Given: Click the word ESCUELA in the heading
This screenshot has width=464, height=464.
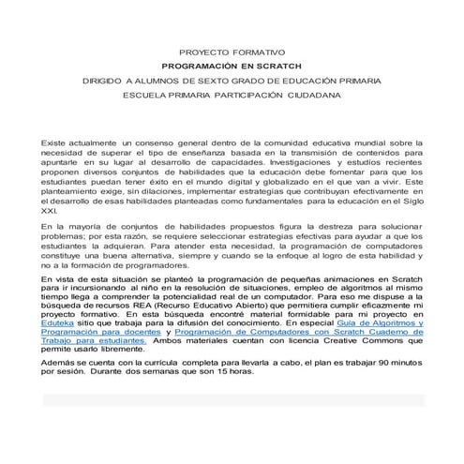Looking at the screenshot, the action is point(151,95).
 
